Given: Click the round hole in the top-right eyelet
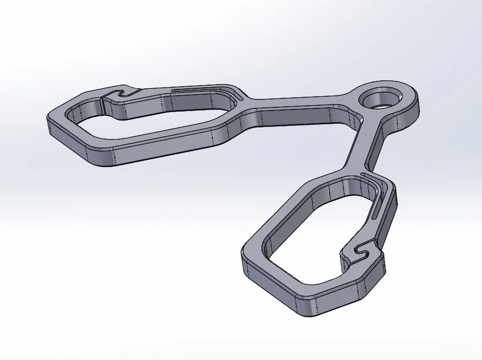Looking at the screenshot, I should pyautogui.click(x=381, y=98).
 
